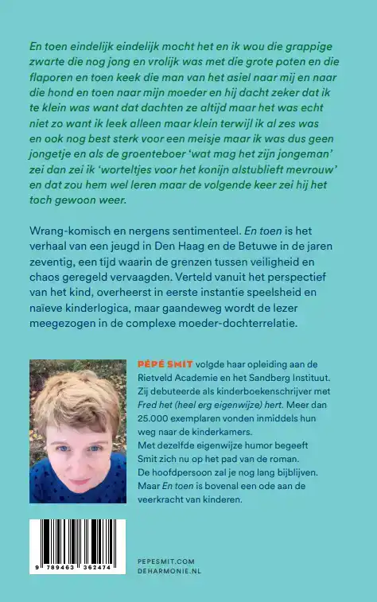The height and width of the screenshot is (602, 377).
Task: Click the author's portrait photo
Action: [77, 431]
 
